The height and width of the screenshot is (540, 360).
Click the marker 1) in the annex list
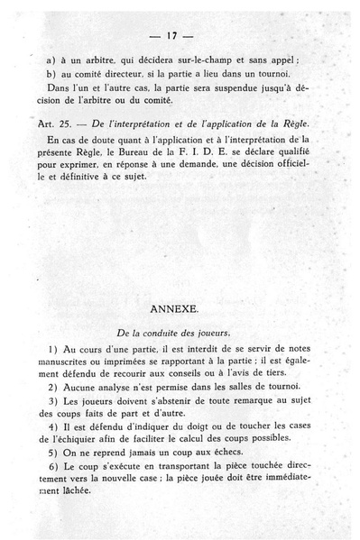coord(49,349)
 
